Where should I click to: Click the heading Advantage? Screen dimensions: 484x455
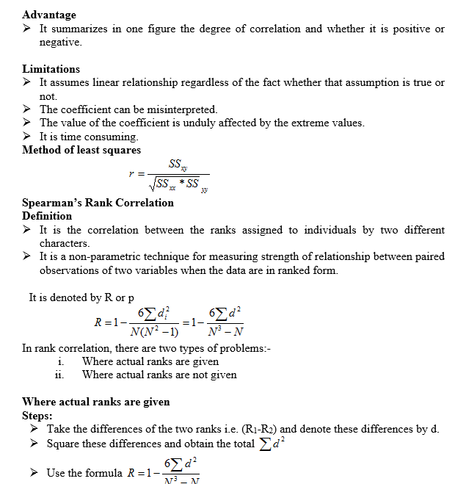pos(49,15)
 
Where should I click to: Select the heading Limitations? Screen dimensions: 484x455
pos(51,69)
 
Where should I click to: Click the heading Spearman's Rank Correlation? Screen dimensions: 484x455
pos(98,203)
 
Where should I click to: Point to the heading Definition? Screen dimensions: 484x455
pos(47,216)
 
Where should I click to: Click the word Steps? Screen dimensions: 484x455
pos(37,415)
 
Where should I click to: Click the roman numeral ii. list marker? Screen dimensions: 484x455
pos(59,375)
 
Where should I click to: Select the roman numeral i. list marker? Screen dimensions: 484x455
pos(60,361)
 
